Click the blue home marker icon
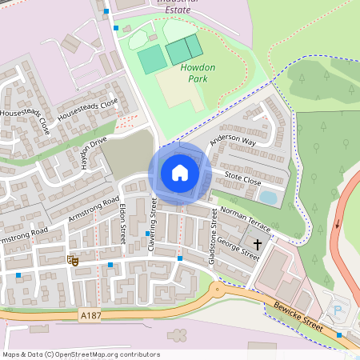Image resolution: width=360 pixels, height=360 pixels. point(180,173)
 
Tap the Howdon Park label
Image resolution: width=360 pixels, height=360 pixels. point(197,74)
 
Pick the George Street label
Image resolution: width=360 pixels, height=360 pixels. point(238,248)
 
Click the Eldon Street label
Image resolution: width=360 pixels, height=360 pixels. point(122,222)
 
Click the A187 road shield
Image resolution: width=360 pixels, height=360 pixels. point(90,317)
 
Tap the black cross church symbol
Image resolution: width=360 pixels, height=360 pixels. point(258,242)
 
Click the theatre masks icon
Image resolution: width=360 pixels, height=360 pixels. point(73,258)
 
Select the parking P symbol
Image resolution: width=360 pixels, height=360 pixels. point(336,310)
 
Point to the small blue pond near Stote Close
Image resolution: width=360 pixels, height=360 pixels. point(268,197)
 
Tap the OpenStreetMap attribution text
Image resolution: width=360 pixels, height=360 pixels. point(81,354)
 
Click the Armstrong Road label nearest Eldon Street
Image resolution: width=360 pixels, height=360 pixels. point(94,207)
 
